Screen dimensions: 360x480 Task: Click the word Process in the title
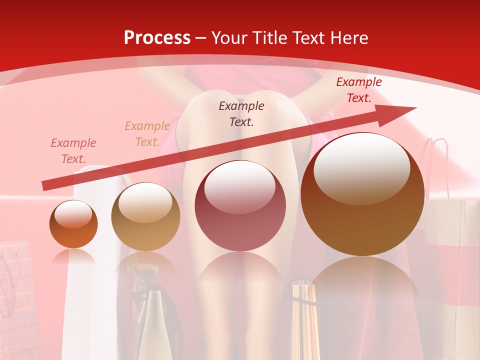[x=157, y=38]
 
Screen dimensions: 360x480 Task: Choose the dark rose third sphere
[x=240, y=206]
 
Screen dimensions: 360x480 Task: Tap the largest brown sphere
[x=362, y=200]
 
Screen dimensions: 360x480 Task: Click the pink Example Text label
[x=73, y=151]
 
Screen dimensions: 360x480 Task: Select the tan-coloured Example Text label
[x=147, y=134]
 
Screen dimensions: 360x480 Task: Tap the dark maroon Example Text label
[x=241, y=113]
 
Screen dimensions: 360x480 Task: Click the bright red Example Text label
[x=358, y=90]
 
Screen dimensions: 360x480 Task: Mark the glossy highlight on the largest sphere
[x=362, y=167]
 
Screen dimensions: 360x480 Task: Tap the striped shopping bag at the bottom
[x=305, y=320]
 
